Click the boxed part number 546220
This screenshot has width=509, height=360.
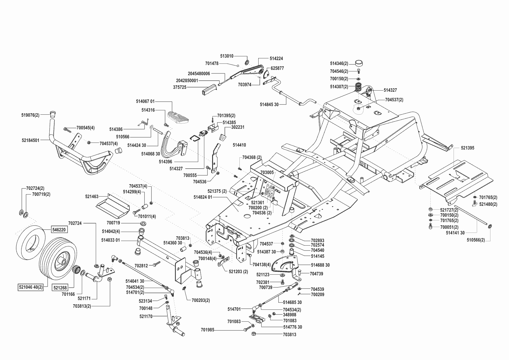point(59,230)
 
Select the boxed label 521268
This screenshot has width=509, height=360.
point(60,288)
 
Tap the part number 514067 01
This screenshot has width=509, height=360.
point(145,101)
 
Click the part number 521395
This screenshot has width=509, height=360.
point(468,148)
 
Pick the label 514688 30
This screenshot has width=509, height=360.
point(320,265)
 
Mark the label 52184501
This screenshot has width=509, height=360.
point(30,140)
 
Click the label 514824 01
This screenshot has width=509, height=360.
point(203,197)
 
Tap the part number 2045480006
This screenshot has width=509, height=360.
point(199,74)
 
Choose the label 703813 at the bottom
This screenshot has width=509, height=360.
point(289,334)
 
